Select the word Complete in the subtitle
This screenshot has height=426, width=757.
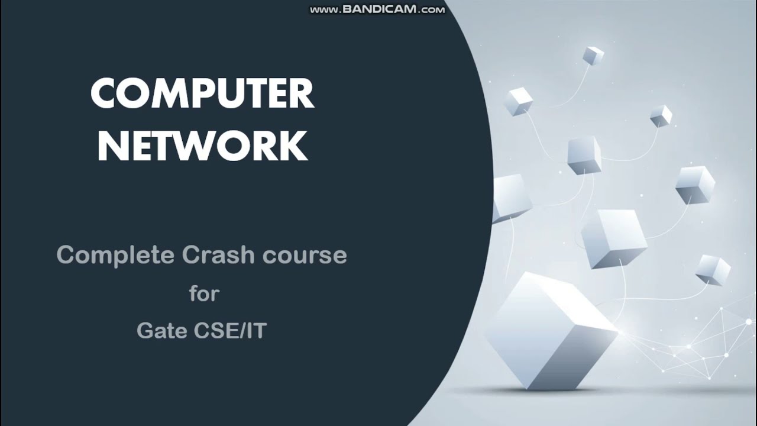point(115,255)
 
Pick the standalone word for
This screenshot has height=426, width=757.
point(204,293)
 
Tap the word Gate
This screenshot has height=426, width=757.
point(161,331)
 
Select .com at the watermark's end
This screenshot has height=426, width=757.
point(432,9)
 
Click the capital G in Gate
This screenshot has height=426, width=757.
point(145,331)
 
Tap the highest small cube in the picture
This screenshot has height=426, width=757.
point(593,56)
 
